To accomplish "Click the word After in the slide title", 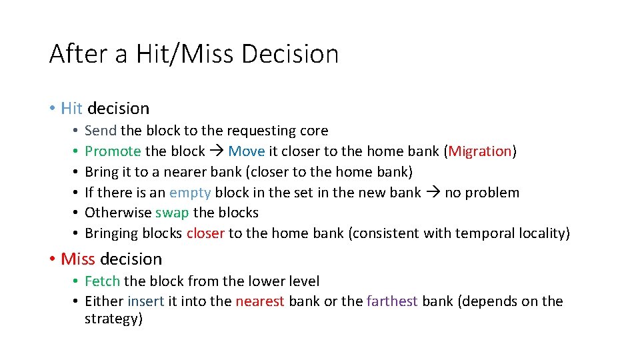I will (x=78, y=54).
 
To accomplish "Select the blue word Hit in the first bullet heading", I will (x=71, y=108).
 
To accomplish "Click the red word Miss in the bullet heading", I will (x=77, y=259).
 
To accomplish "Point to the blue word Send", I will (x=101, y=131).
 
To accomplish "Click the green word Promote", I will (x=113, y=151).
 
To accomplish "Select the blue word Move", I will (x=246, y=151).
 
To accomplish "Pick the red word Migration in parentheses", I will (x=479, y=151).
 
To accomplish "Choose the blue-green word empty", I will (x=190, y=193).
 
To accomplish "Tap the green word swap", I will (x=172, y=213).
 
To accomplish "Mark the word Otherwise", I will (x=118, y=213).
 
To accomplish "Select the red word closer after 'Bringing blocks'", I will (x=205, y=233).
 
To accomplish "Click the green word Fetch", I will (x=102, y=281).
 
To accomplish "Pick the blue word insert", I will (x=145, y=301).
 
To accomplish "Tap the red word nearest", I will (x=260, y=301).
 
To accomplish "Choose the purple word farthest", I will (x=392, y=301).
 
